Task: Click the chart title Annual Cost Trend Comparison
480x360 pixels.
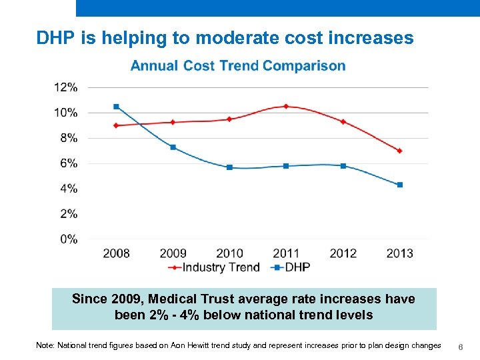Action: click(x=238, y=66)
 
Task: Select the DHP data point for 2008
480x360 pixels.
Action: click(x=116, y=107)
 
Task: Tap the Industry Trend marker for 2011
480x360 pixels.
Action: click(x=286, y=106)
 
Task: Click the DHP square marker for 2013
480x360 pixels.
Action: click(x=399, y=185)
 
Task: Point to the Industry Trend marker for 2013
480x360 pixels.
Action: click(x=399, y=151)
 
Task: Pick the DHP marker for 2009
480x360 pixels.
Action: click(x=173, y=147)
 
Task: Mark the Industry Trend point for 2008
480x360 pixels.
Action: click(x=116, y=125)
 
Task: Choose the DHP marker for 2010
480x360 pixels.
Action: click(x=229, y=167)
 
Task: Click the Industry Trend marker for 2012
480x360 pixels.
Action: click(x=343, y=121)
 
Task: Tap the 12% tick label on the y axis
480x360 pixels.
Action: click(x=66, y=87)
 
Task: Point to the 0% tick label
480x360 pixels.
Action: click(x=69, y=239)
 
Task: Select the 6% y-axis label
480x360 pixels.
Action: click(x=69, y=163)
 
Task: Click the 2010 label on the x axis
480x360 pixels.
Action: click(x=229, y=253)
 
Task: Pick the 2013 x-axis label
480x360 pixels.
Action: click(x=399, y=253)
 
